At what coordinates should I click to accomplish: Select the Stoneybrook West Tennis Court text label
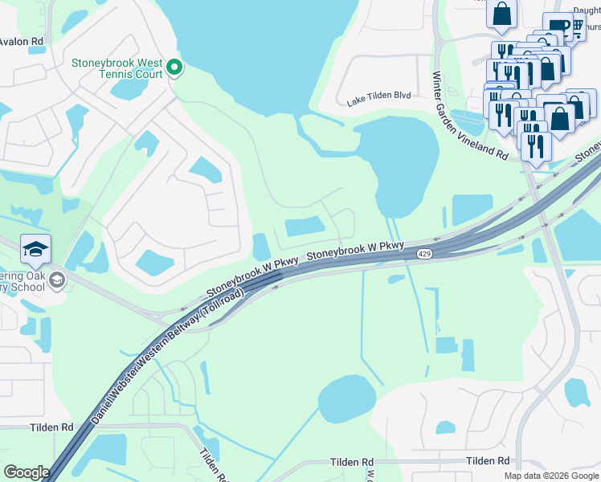pyautogui.click(x=117, y=68)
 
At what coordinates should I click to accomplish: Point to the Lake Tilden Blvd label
pyautogui.click(x=378, y=95)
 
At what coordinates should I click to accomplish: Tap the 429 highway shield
pyautogui.click(x=424, y=254)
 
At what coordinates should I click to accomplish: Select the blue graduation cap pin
pyautogui.click(x=35, y=250)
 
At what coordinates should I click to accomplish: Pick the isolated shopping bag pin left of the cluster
pyautogui.click(x=502, y=14)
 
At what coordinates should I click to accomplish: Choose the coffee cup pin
pyautogui.click(x=558, y=26)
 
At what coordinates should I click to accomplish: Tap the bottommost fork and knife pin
pyautogui.click(x=535, y=147)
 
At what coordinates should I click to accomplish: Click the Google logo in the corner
pyautogui.click(x=26, y=472)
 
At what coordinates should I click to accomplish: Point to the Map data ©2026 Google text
pyautogui.click(x=550, y=476)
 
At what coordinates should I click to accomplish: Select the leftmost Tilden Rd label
pyautogui.click(x=52, y=428)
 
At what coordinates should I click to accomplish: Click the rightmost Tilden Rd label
pyautogui.click(x=488, y=460)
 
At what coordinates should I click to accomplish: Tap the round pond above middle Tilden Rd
pyautogui.click(x=347, y=399)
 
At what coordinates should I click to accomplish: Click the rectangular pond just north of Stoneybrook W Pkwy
pyautogui.click(x=305, y=228)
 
